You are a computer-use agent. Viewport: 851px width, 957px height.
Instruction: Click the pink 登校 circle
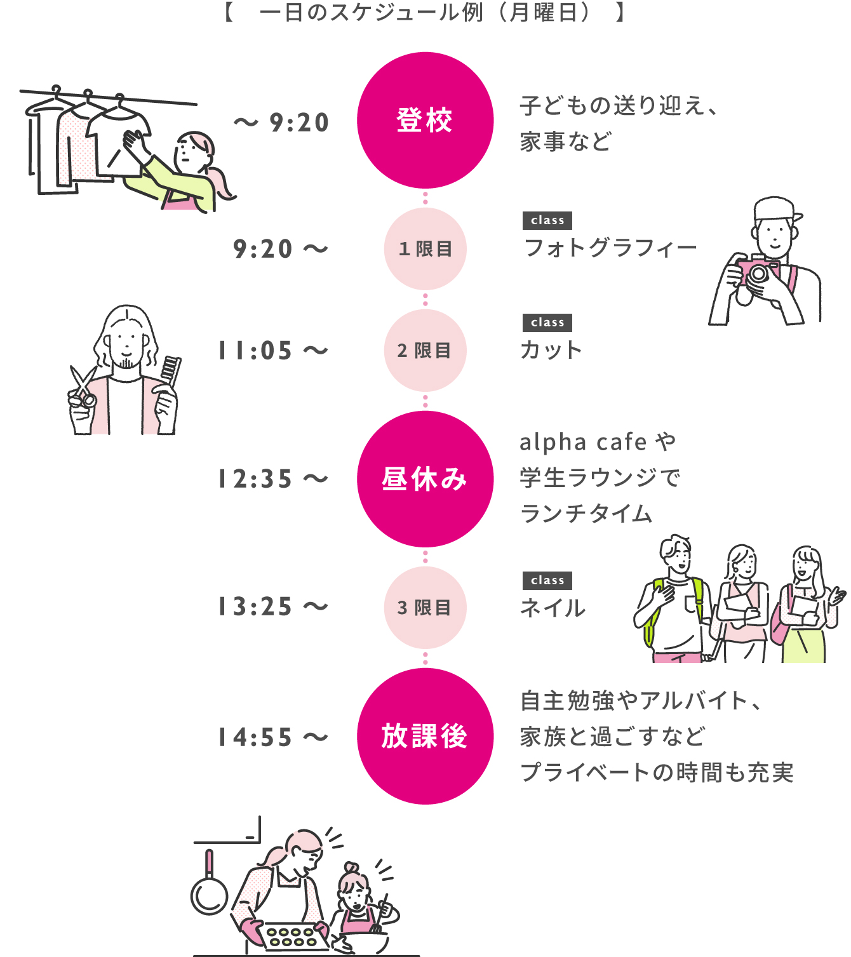pos(425,120)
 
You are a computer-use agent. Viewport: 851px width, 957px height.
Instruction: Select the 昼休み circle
pos(425,479)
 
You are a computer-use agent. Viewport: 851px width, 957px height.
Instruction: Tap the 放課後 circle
pos(425,736)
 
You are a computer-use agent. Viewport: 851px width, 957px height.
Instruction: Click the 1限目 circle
pos(425,248)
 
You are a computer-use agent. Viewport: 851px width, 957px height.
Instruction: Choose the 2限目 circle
pos(425,350)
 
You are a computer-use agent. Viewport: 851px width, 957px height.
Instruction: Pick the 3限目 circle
pos(425,607)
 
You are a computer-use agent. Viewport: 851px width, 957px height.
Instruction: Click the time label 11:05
pos(255,351)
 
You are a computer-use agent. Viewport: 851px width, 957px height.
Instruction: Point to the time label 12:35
pos(255,479)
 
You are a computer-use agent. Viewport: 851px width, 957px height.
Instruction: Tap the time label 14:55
pos(255,737)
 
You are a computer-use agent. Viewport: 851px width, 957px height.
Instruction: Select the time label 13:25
pos(255,607)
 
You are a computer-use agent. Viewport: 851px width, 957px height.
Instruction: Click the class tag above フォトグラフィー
pos(547,220)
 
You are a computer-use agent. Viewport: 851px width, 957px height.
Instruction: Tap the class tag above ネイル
pos(547,580)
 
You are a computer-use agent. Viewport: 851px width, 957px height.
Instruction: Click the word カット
pos(551,350)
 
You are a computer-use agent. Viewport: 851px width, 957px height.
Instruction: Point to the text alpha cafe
pos(583,442)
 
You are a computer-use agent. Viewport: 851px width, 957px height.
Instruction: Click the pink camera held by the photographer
pos(757,271)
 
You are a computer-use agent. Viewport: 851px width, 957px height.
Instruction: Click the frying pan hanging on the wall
pos(209,890)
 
